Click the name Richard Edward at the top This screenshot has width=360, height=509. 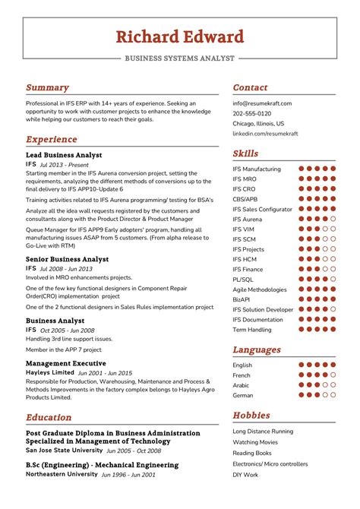[180, 36]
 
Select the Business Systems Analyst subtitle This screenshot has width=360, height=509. [180, 58]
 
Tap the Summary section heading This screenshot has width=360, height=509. [47, 87]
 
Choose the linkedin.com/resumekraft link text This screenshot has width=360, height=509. [265, 133]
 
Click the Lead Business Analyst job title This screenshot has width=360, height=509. [64, 155]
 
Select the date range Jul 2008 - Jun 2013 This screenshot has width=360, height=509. [66, 269]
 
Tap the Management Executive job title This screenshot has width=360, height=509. [65, 364]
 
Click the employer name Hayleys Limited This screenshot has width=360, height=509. [49, 373]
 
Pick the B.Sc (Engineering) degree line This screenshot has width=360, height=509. [102, 465]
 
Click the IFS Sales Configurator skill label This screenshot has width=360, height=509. [262, 209]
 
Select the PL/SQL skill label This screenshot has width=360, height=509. [243, 280]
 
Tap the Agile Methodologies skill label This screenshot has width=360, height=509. [260, 289]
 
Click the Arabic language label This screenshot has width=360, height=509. [242, 385]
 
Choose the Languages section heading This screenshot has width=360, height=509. [257, 350]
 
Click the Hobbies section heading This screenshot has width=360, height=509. [251, 416]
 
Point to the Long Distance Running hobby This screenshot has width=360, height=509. [263, 432]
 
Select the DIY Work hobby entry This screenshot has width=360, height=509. [245, 475]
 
